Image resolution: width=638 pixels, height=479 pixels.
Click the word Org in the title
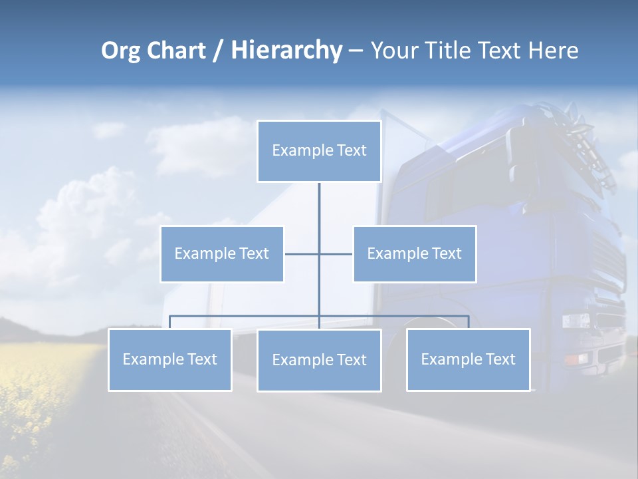tap(120, 51)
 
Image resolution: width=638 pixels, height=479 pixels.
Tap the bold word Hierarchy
tap(286, 51)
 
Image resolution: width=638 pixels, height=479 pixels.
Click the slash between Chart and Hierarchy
tap(218, 51)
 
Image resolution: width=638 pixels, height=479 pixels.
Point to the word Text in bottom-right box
tap(500, 360)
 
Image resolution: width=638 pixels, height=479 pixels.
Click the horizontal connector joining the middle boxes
tap(302, 253)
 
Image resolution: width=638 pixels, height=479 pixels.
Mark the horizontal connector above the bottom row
tap(246, 316)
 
